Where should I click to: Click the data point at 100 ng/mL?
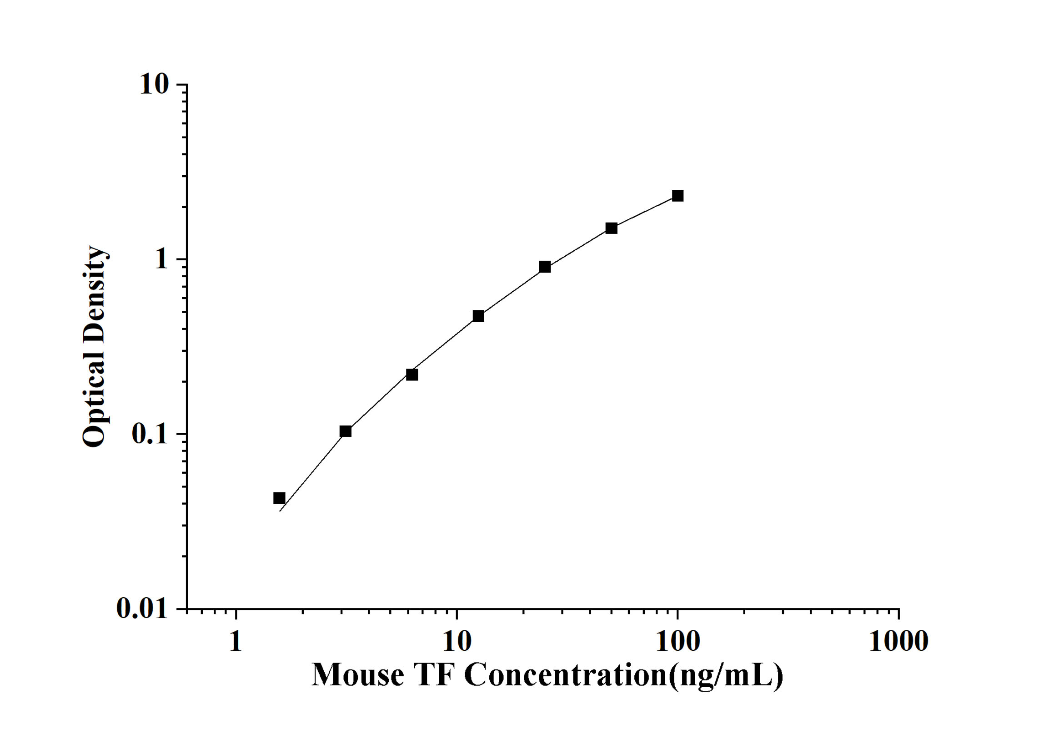click(678, 196)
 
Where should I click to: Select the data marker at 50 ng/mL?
click(611, 228)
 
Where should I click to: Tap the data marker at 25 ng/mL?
click(545, 267)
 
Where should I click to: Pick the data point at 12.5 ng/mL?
click(478, 316)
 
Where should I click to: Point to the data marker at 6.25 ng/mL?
click(412, 375)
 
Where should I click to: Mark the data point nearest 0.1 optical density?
click(346, 431)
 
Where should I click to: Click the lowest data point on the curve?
click(279, 498)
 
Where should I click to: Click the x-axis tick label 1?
click(236, 642)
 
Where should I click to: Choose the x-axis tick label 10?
click(457, 642)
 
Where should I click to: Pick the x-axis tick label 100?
click(678, 642)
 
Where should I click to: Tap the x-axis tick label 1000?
click(898, 642)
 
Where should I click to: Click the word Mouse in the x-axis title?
click(358, 675)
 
